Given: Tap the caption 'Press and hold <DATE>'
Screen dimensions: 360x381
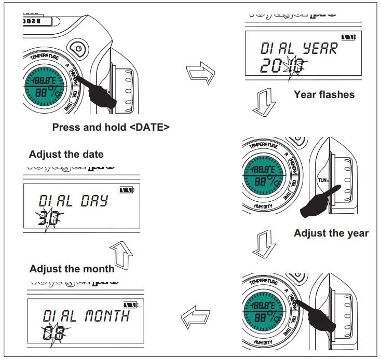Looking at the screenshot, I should [111, 127].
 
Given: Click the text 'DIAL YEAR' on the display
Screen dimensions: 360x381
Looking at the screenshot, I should [299, 48].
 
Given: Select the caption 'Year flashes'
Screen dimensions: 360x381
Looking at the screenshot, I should [324, 94].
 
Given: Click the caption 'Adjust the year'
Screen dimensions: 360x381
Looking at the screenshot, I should [331, 233].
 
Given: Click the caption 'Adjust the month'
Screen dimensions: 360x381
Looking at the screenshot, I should [72, 269].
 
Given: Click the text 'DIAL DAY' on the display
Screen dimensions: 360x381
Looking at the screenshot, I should [73, 201].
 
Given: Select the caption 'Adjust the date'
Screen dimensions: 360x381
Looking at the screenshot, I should [66, 154].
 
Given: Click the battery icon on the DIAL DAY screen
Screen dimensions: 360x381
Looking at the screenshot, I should [126, 189].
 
